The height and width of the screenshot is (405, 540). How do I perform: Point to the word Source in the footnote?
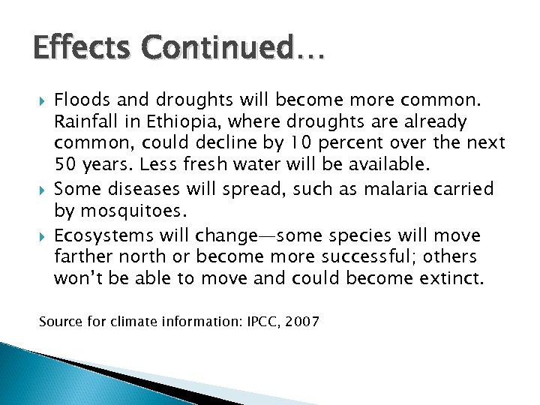(x=58, y=322)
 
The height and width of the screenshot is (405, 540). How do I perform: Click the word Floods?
(x=80, y=99)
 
